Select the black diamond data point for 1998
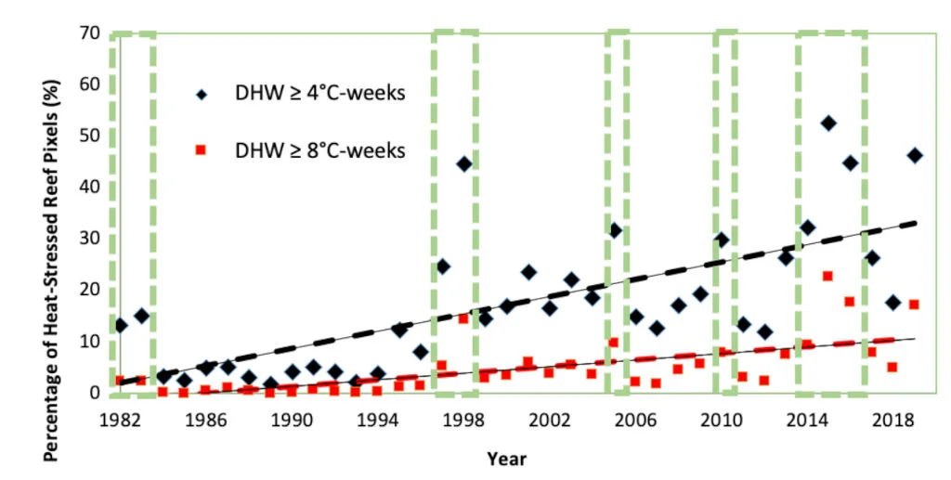pos(464,164)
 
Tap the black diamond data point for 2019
pos(915,155)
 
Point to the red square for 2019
pos(914,305)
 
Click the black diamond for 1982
pos(121,325)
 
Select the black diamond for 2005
pos(614,230)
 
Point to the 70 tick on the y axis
pos(87,33)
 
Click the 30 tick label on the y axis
pos(87,238)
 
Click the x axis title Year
pos(507,459)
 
